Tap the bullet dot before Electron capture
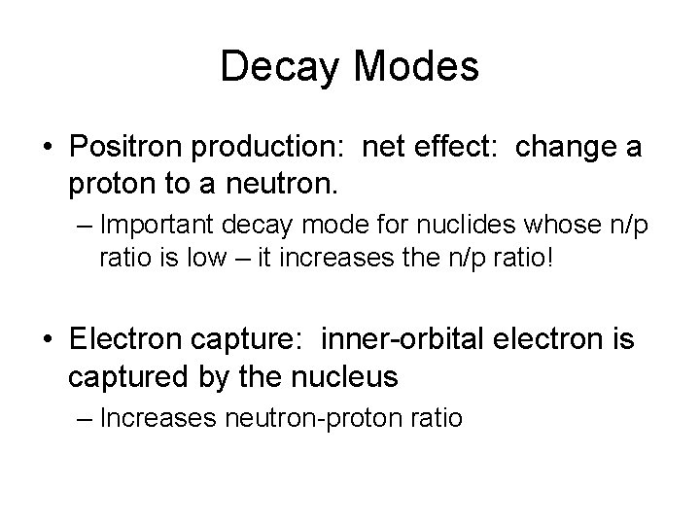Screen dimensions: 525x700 pyautogui.click(x=47, y=341)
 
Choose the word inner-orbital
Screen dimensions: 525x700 pyautogui.click(x=387, y=340)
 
